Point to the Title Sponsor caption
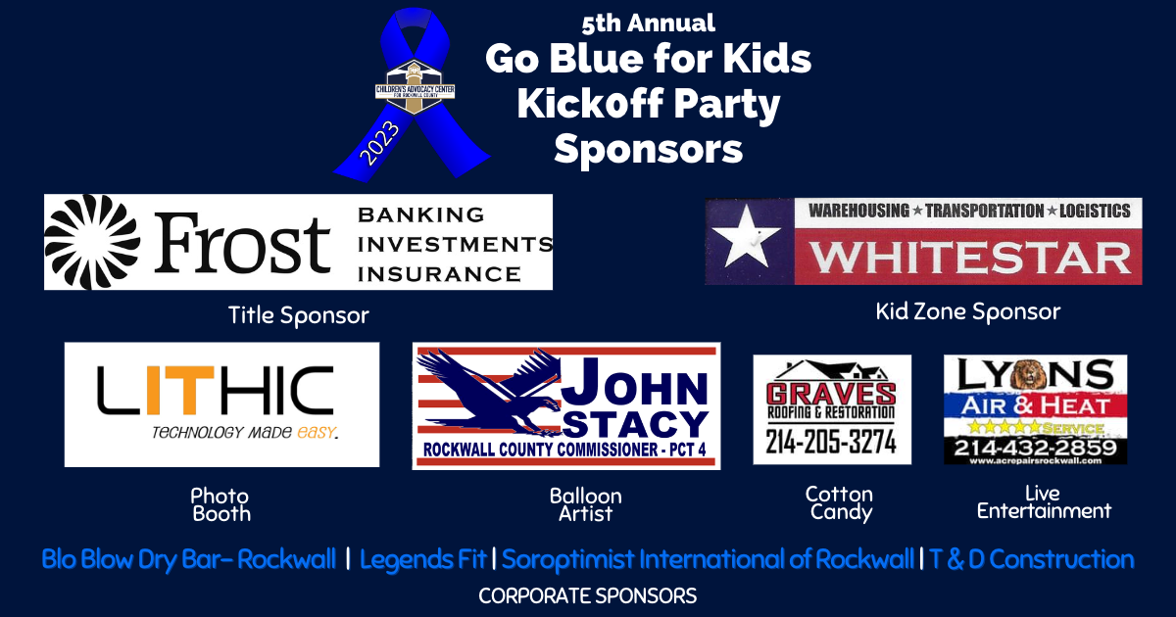[298, 315]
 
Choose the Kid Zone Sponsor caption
[967, 312]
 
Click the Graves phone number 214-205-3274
[831, 442]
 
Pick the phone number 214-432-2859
[1035, 448]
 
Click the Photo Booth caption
[220, 504]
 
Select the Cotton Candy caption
[839, 502]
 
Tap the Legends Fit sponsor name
[423, 560]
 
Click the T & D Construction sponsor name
[1031, 560]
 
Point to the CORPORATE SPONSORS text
[587, 595]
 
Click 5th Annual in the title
[648, 23]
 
